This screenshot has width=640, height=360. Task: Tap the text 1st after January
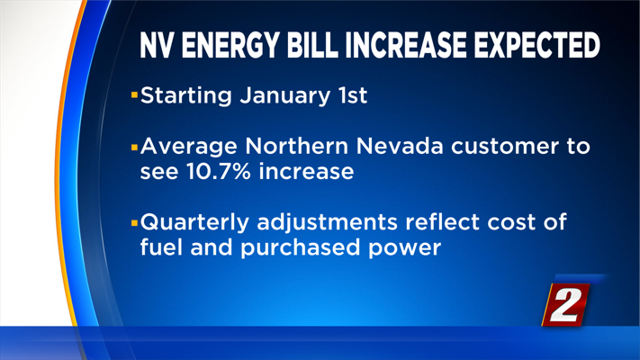pos(350,95)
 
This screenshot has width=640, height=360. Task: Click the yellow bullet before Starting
pos(135,94)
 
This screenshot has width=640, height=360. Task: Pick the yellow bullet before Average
pos(135,144)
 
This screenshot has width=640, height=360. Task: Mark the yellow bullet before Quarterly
pos(135,219)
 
